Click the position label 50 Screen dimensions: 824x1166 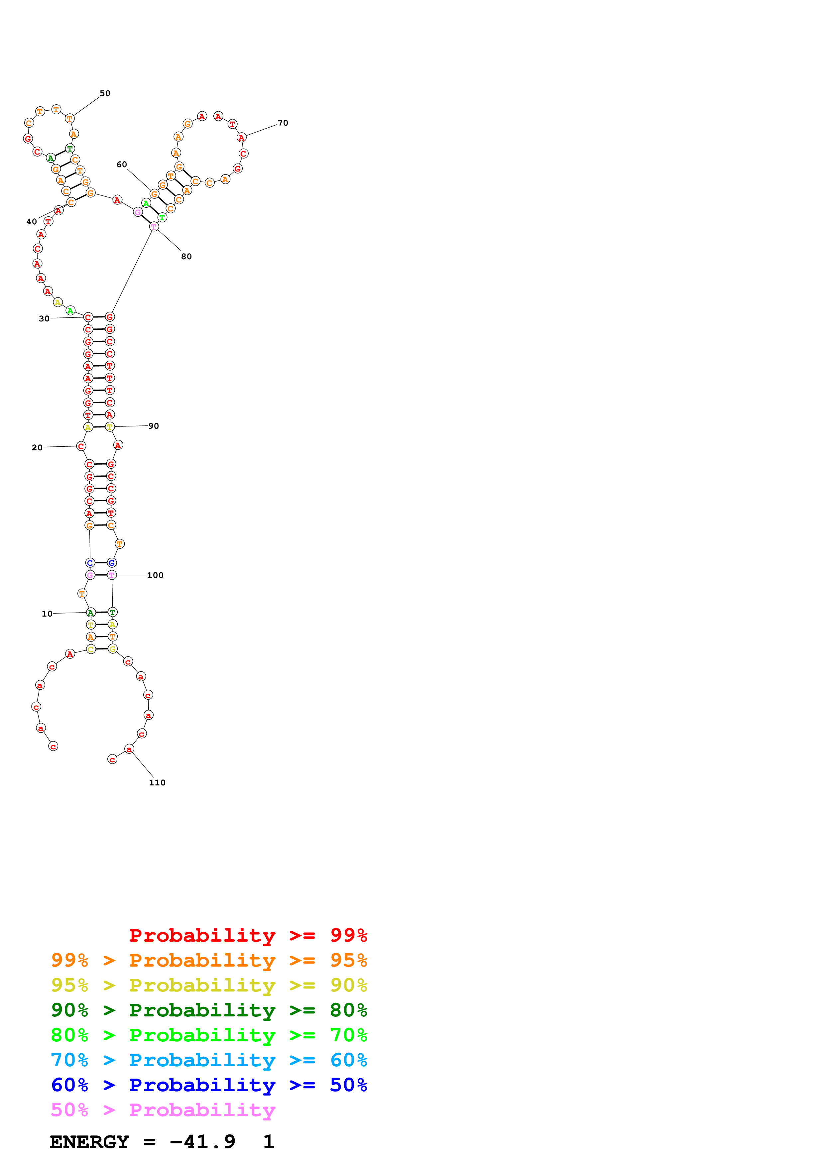[105, 93]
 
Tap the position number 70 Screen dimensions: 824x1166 [283, 123]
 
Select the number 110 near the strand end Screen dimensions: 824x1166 [157, 782]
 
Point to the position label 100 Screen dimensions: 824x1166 [155, 575]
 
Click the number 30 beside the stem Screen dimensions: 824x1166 [44, 319]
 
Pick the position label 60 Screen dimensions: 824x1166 [122, 165]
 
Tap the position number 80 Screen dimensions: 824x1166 [186, 257]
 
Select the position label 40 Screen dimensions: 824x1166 [32, 222]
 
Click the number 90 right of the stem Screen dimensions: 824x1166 [153, 426]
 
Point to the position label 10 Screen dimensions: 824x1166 [47, 614]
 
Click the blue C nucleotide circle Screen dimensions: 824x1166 [90, 563]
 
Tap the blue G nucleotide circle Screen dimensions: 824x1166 [112, 563]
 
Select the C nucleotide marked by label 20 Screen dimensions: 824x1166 [81, 446]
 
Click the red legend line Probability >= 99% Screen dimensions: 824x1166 [248, 935]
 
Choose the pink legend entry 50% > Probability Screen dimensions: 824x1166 [163, 1110]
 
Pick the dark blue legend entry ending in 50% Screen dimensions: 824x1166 [209, 1085]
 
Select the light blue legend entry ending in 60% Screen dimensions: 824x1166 [209, 1060]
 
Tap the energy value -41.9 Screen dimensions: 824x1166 [202, 1142]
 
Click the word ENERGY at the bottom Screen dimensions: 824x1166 [89, 1142]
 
